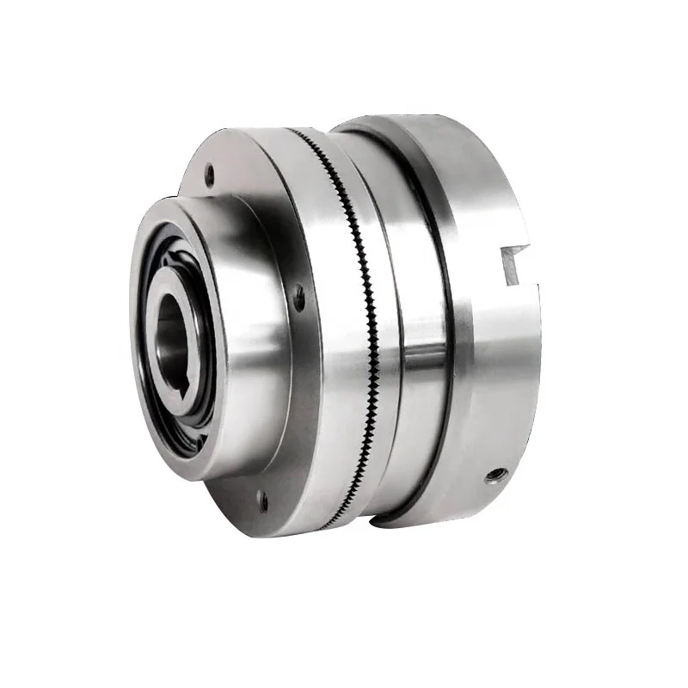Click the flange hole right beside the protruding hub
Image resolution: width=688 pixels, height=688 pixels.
pos(299,297)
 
